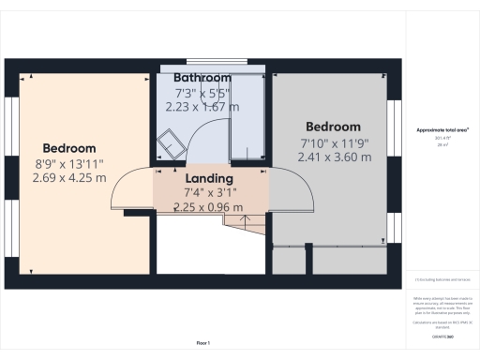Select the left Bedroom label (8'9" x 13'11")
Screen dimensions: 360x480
click(x=69, y=148)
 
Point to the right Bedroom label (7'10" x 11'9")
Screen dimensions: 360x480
click(x=333, y=127)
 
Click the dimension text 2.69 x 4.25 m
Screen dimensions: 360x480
click(x=69, y=177)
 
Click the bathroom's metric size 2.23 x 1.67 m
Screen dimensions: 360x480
click(x=202, y=107)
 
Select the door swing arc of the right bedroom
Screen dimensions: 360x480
click(x=292, y=192)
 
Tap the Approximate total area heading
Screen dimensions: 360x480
click(x=442, y=130)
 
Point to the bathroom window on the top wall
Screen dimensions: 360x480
click(x=213, y=67)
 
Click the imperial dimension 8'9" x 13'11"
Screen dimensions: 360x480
click(x=69, y=163)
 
